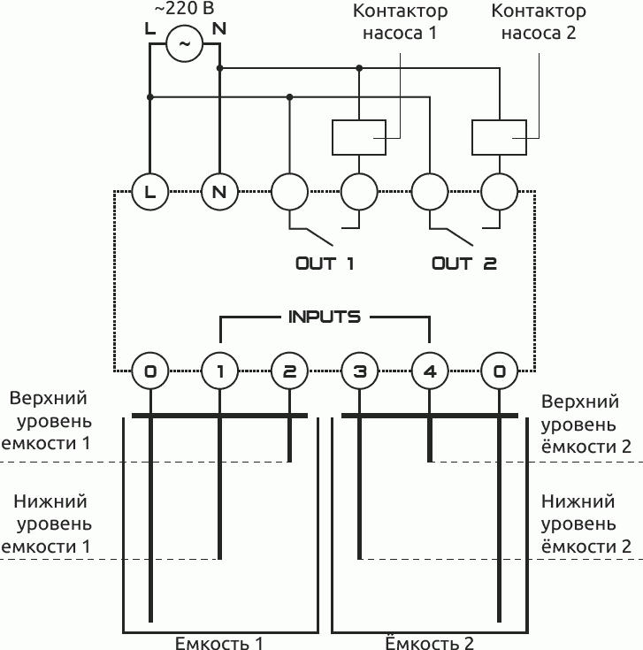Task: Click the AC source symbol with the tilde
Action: (185, 42)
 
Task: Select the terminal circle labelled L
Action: (149, 190)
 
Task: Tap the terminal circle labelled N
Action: (219, 190)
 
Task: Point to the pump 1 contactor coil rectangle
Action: (358, 136)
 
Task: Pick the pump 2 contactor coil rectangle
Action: (499, 136)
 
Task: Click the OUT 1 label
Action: (324, 264)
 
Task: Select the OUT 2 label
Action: (464, 264)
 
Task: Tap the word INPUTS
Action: (324, 316)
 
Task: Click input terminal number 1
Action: (219, 371)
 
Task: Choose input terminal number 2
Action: (289, 371)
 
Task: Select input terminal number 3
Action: (359, 371)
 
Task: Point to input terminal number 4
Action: (429, 371)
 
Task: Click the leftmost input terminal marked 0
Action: (149, 371)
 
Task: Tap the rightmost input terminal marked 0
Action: (499, 371)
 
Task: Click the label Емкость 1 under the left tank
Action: (219, 642)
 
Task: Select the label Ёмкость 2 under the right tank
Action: (430, 642)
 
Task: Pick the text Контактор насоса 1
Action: (400, 23)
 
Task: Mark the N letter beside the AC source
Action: (219, 27)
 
